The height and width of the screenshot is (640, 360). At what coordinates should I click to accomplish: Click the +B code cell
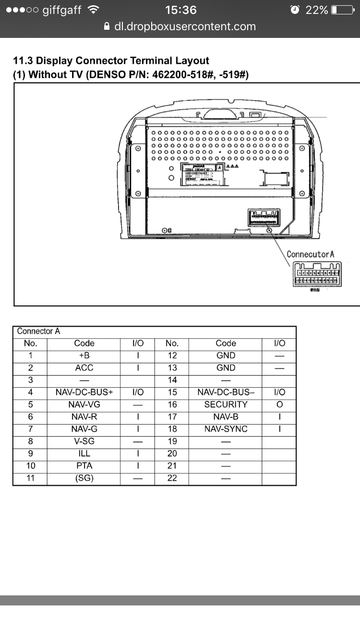point(84,356)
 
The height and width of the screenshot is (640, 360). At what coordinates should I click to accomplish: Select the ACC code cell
point(84,368)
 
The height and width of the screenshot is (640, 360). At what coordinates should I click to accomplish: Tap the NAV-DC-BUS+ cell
point(84,392)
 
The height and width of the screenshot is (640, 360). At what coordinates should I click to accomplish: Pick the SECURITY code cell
point(226,404)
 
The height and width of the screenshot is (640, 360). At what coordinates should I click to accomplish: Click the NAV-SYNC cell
point(226,429)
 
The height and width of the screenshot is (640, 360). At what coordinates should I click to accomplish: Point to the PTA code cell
point(84,465)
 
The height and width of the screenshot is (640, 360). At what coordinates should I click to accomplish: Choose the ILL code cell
point(84,453)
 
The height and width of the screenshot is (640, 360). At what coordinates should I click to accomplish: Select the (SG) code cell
point(84,478)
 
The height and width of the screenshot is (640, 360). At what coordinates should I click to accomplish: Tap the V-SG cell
point(84,441)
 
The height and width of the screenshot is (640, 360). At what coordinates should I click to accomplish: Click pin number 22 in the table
point(172,478)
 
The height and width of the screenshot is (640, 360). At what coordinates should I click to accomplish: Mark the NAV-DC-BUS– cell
point(226,392)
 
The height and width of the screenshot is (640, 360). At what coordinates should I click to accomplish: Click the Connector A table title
point(38,332)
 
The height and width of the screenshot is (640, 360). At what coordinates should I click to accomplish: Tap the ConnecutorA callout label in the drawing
point(310,254)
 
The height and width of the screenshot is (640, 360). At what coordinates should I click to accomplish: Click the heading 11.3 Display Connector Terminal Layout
point(111,61)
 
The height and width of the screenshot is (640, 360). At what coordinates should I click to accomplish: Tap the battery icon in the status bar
point(341,10)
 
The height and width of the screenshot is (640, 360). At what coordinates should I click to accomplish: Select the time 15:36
point(180,10)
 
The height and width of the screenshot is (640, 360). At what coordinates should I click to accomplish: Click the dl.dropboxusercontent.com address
point(185,27)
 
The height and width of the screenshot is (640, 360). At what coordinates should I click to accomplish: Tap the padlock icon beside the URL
point(107,27)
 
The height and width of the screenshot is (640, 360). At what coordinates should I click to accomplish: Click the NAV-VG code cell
point(84,404)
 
